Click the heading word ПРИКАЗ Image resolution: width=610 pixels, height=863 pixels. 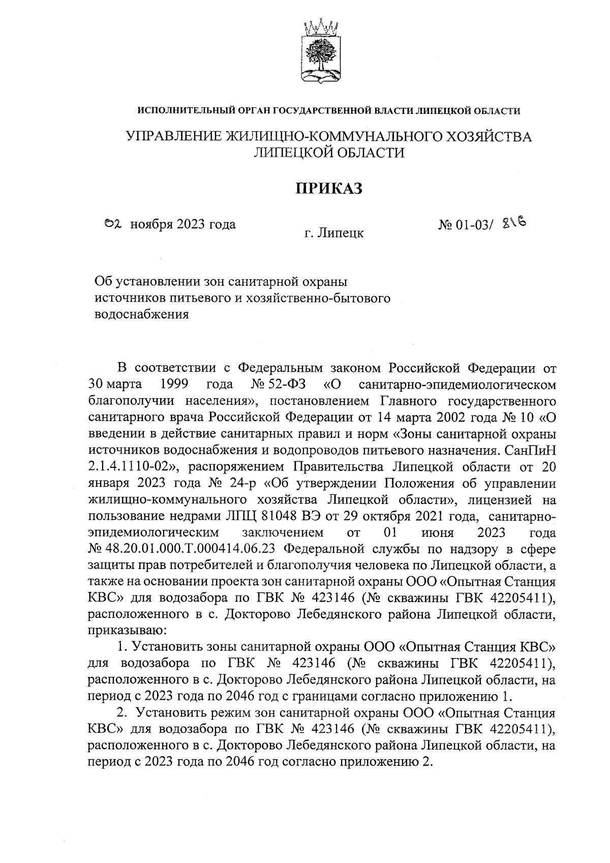point(329,188)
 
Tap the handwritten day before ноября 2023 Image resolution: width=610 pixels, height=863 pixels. point(111,223)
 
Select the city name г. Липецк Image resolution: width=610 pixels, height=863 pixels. point(334,233)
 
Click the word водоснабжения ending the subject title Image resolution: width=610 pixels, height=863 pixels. point(142,314)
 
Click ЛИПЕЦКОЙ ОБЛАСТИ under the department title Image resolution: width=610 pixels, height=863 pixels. point(329,153)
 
